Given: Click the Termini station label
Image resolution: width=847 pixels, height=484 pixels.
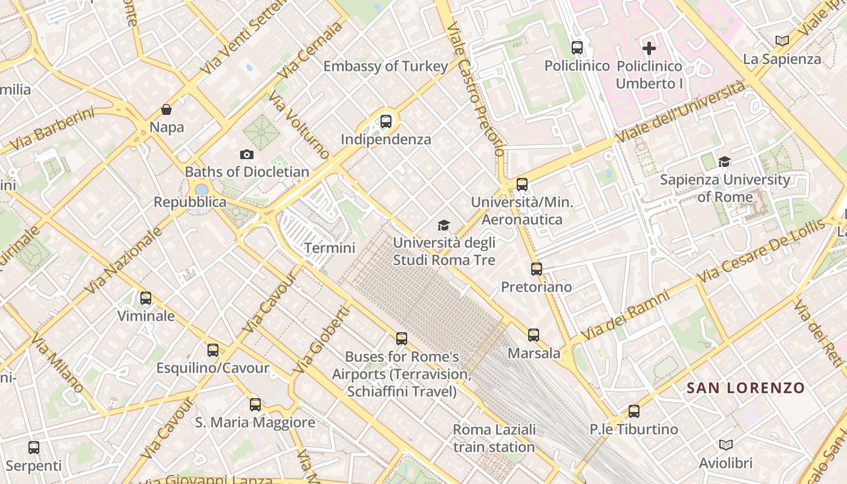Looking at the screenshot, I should click(329, 247).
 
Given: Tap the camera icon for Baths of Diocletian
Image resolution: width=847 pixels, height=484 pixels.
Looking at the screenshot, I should click(247, 155).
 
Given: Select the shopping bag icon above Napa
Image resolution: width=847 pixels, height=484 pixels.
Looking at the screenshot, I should click(166, 110).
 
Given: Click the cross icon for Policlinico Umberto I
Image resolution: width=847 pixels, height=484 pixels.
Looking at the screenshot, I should click(649, 48).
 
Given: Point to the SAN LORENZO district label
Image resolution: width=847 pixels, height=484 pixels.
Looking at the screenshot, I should click(745, 388).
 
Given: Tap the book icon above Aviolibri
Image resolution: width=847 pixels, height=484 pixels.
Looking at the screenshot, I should click(726, 445).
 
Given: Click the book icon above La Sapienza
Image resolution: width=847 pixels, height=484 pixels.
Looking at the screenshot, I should click(782, 41).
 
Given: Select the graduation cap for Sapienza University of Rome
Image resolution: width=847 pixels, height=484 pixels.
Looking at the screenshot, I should click(724, 162).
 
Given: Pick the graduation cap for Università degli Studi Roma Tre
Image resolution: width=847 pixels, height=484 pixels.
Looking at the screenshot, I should click(444, 226).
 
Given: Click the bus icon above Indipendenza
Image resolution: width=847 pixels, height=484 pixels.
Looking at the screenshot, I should click(386, 122).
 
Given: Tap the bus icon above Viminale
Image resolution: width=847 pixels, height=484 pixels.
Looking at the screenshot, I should click(146, 298).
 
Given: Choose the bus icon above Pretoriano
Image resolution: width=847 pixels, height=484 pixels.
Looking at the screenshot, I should click(537, 269).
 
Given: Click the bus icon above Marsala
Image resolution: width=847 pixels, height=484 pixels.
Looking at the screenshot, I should click(534, 335).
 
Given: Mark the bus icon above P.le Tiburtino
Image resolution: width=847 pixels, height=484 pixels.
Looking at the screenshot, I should click(634, 411).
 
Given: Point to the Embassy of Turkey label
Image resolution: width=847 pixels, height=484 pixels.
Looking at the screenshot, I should click(385, 66).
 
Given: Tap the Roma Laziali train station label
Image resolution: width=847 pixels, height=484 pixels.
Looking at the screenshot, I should click(494, 438).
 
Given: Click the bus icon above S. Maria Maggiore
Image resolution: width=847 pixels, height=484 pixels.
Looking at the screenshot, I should click(255, 405).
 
